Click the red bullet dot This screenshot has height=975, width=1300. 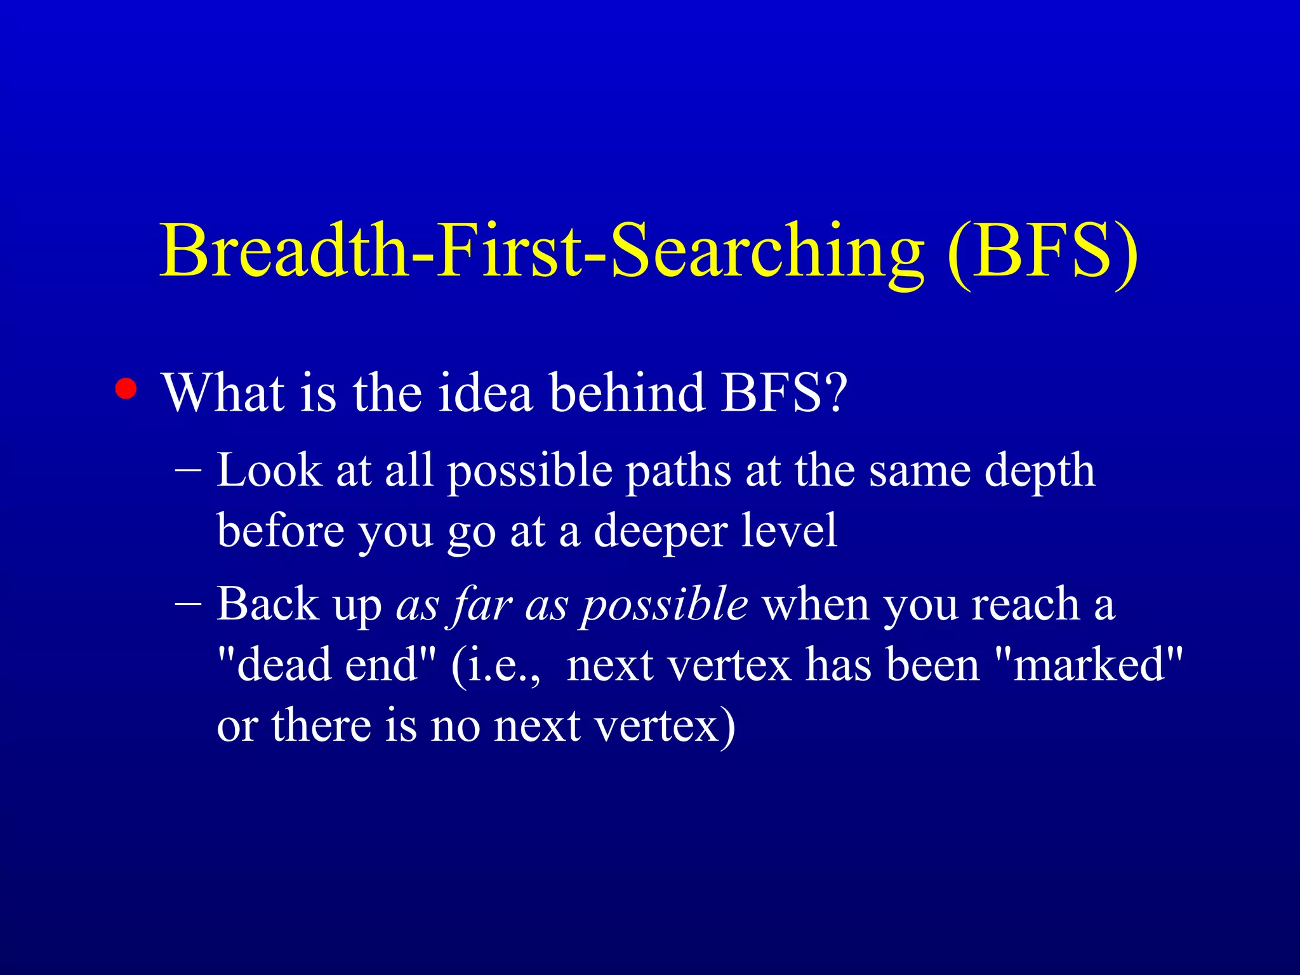click(x=126, y=389)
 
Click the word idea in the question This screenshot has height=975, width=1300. click(x=485, y=392)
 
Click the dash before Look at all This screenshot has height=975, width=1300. click(x=188, y=471)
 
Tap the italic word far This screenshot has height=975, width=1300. click(x=482, y=604)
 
